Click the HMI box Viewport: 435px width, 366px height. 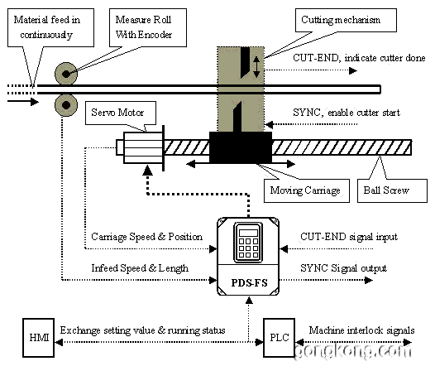point(38,337)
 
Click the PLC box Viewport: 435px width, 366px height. point(279,337)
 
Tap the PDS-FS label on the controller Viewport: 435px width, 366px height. point(249,282)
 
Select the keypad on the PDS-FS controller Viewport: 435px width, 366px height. point(248,242)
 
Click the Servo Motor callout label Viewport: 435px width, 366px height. point(121,113)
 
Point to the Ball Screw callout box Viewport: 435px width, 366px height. point(392,190)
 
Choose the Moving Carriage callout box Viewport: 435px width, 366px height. point(306,190)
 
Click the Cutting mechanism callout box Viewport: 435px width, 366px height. point(346,20)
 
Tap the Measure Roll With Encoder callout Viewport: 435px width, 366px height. point(147,27)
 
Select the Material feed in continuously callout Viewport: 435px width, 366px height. point(50,27)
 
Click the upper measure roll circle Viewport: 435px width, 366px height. point(66,74)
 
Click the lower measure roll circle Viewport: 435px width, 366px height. point(66,105)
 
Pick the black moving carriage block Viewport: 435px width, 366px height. point(241,147)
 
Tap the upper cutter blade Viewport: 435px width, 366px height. point(245,62)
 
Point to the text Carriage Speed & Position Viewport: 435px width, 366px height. point(146,237)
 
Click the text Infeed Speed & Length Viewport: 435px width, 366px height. point(140,268)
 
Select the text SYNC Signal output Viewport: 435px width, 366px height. point(343,268)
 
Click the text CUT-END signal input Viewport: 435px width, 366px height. point(349,237)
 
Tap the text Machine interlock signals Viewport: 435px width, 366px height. point(361,330)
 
